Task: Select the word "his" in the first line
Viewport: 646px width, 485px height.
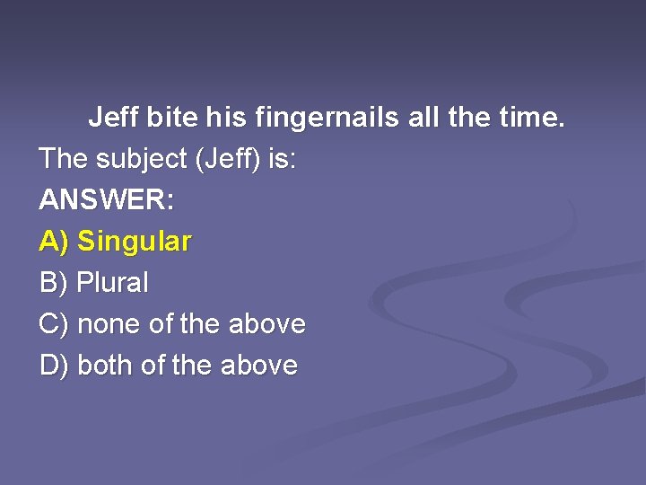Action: coord(226,118)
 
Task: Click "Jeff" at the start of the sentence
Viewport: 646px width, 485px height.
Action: coord(114,118)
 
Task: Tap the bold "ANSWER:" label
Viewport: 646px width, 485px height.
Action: coord(107,200)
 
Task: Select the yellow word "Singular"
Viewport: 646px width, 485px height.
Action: coord(134,242)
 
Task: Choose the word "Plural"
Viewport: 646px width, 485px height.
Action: coord(113,283)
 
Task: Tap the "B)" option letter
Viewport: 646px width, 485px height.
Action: coord(54,283)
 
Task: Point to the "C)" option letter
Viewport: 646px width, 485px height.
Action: coord(54,324)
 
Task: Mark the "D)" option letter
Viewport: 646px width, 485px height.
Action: coord(54,366)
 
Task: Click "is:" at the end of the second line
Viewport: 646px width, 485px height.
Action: coord(283,159)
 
